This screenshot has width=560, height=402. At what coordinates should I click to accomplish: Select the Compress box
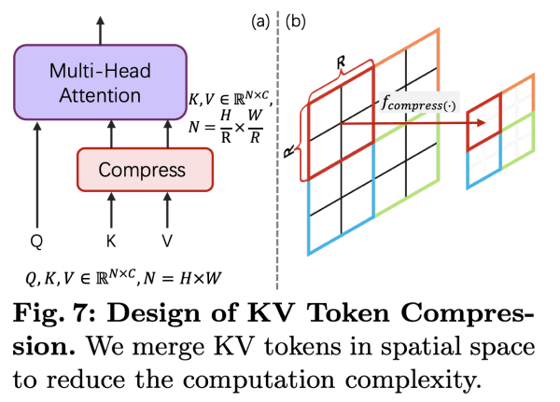[145, 170]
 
